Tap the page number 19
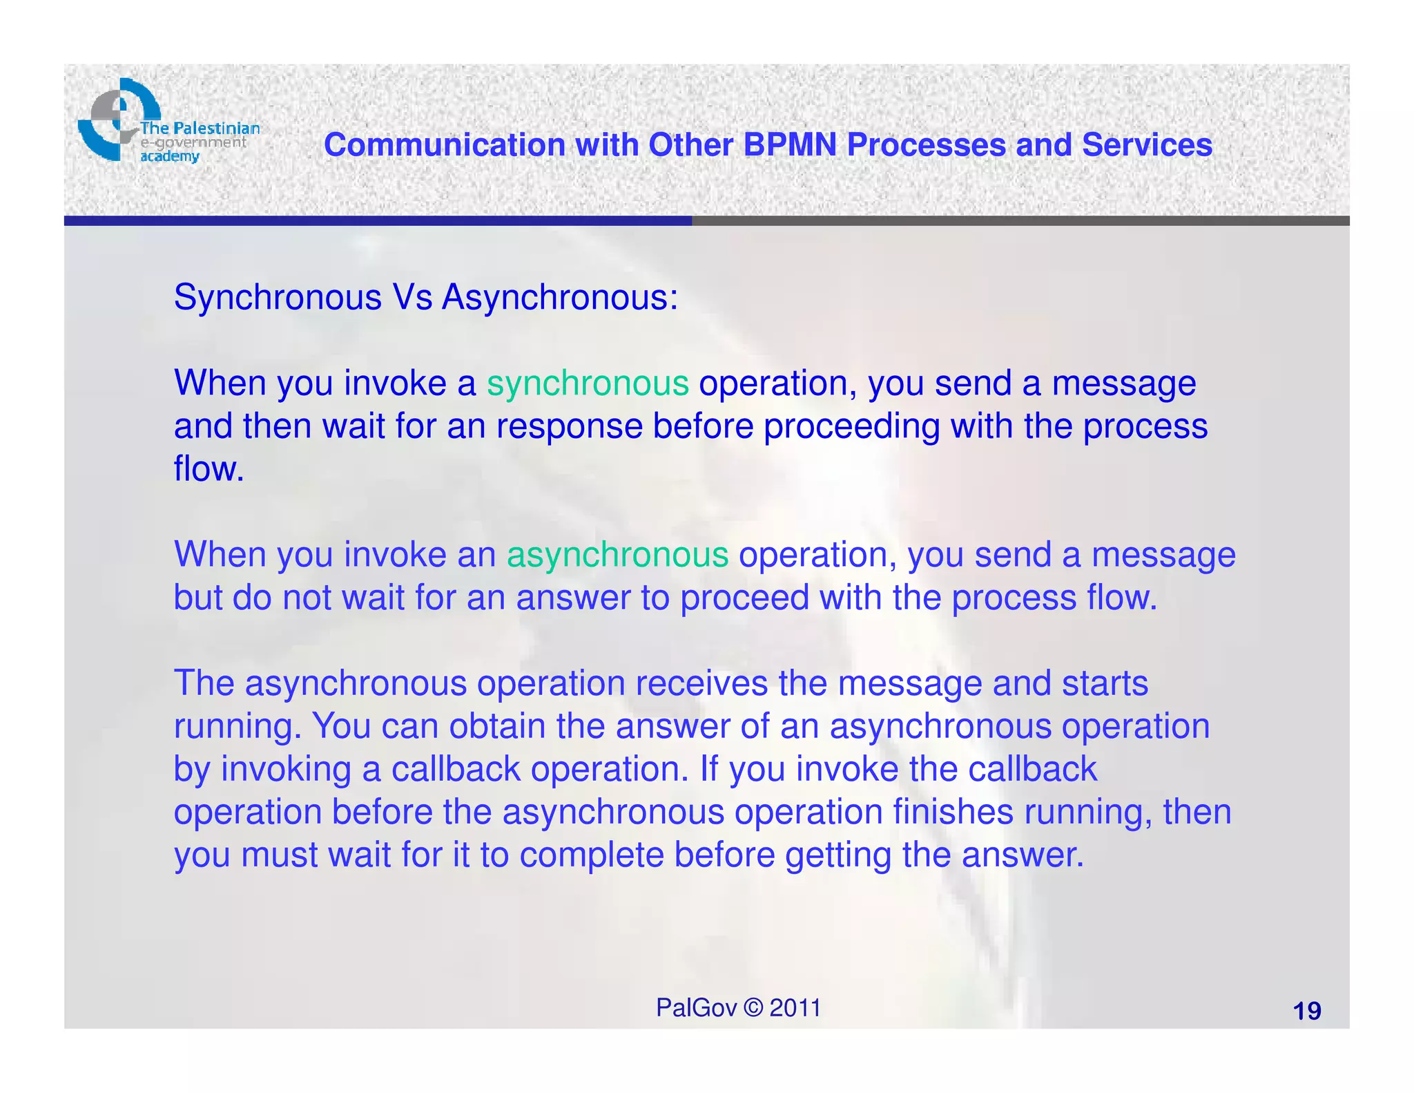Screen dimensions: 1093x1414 point(1306,1011)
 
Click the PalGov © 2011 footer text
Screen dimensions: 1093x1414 point(738,1008)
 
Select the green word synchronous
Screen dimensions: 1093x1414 point(588,383)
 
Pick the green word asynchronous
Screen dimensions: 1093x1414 point(617,555)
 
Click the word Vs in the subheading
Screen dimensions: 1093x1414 point(412,298)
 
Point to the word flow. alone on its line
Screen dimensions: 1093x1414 point(209,469)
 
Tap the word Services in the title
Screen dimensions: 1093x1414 point(1147,145)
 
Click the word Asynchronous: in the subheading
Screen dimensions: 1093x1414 point(560,298)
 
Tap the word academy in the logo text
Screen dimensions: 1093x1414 point(170,156)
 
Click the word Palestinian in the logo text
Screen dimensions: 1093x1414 point(216,128)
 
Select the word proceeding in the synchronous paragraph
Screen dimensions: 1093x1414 point(851,426)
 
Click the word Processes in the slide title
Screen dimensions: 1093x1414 point(926,145)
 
